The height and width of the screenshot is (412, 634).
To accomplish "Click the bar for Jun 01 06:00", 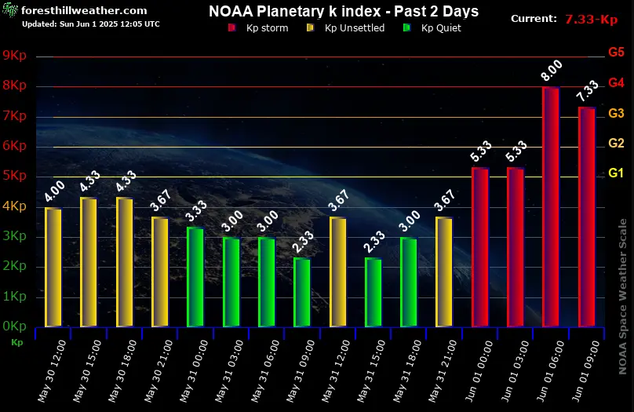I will tap(551, 206).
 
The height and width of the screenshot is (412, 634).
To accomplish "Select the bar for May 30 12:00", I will tap(53, 267).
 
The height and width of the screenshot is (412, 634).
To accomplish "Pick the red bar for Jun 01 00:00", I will tap(480, 246).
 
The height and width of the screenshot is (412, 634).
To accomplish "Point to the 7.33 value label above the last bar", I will tap(587, 91).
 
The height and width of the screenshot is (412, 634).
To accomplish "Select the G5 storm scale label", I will tap(616, 53).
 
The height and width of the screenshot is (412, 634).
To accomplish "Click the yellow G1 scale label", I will tap(616, 173).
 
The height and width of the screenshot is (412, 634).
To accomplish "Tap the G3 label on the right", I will tap(616, 113).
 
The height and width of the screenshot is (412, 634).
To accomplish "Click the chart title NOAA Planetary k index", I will tap(344, 12).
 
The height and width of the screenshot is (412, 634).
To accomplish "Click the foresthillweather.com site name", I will tap(84, 11).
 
